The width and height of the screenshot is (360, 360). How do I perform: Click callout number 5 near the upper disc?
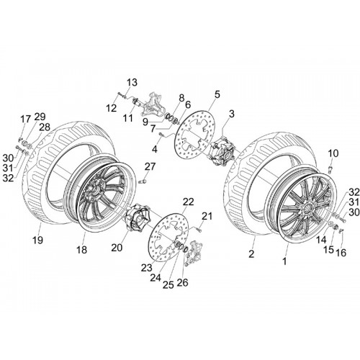coord(217,94)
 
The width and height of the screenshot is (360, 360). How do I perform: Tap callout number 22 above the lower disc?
coord(188,202)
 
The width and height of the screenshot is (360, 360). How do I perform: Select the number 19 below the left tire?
coord(37,240)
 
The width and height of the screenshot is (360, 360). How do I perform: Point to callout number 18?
coord(81,250)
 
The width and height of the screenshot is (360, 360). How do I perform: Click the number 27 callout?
coord(150,166)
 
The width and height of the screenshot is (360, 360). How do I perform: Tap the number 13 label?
coord(132,82)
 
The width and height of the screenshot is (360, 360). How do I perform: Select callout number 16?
coord(341,252)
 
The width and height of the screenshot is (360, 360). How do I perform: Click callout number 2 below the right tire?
coord(251,254)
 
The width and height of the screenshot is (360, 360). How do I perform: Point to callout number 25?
coord(168,284)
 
